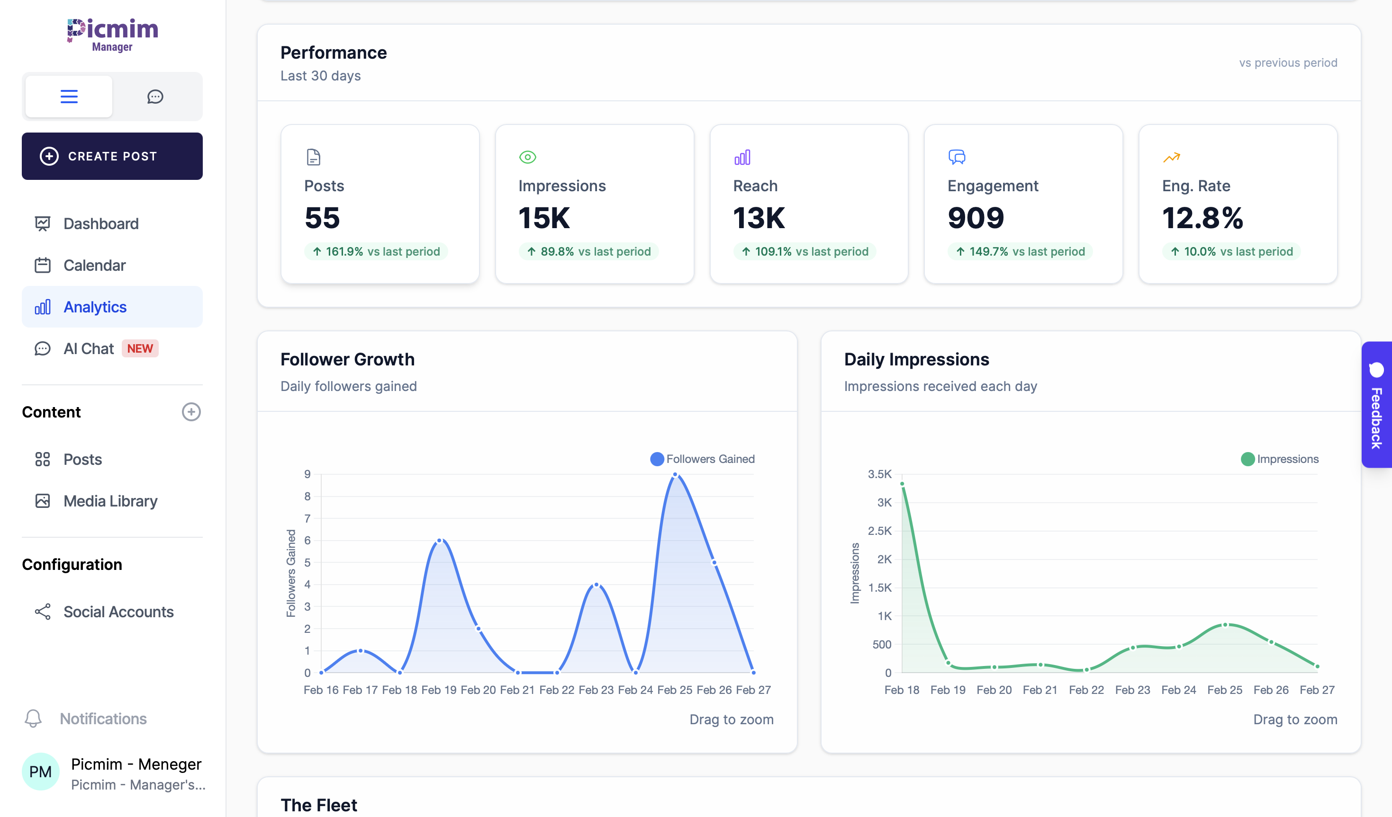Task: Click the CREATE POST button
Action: coord(112,156)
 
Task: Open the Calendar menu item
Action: coord(94,266)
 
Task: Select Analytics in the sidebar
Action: coord(95,307)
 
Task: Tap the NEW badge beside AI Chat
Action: coord(140,348)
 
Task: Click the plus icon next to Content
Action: coord(191,412)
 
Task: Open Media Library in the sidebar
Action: coord(110,501)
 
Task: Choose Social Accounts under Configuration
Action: coord(118,612)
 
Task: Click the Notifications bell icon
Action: coord(33,718)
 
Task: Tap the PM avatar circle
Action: coord(40,772)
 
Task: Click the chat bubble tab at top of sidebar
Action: coord(155,97)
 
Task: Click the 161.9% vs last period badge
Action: coord(376,252)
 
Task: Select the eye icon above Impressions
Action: coord(527,157)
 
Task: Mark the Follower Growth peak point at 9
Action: coord(675,474)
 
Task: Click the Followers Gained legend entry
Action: coord(703,459)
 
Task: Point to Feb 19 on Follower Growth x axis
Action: coord(439,690)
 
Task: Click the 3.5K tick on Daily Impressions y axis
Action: coord(879,474)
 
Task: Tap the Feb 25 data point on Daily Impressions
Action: coord(1225,625)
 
